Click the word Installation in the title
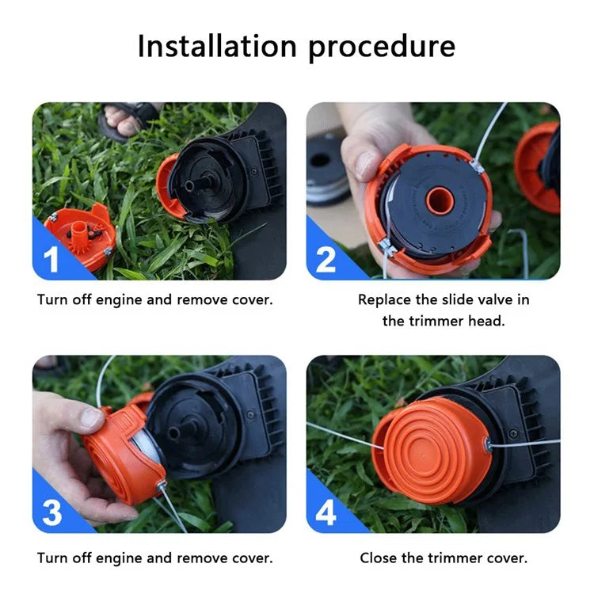coord(217,46)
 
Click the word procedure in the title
coord(382,48)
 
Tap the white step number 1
coord(51,259)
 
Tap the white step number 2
coord(326,260)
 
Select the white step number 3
coord(52,512)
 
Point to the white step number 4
coord(326,512)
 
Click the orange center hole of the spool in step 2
coord(440,200)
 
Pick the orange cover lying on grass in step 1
coord(81,235)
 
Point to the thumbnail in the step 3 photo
coord(91,417)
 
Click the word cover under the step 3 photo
coord(253,558)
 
